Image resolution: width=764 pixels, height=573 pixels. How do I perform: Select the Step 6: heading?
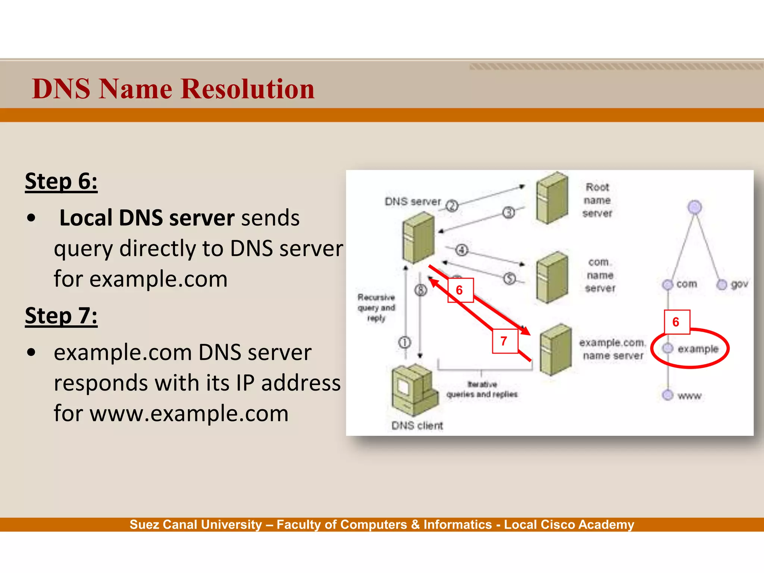tap(61, 182)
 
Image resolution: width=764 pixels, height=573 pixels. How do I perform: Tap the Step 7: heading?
tap(61, 316)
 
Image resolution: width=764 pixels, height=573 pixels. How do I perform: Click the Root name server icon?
tap(552, 198)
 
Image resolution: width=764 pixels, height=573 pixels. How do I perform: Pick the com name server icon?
tap(552, 277)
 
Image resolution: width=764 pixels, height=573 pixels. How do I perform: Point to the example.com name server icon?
tap(555, 350)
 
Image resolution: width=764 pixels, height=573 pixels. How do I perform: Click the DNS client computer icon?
tap(414, 390)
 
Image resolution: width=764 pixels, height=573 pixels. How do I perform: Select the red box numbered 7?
tap(504, 341)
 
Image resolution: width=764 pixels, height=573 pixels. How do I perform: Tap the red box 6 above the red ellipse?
tap(677, 322)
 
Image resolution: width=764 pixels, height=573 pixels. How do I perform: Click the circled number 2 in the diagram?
tap(452, 206)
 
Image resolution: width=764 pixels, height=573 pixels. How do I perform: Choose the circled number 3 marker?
tap(508, 213)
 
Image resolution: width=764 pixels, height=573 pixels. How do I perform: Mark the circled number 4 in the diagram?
tap(462, 250)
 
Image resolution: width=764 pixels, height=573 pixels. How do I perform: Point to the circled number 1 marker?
tap(405, 342)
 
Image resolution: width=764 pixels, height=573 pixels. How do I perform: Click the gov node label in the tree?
tap(739, 284)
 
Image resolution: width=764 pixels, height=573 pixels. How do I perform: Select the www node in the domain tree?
tap(668, 395)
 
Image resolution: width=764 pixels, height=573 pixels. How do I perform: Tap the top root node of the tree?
tap(695, 207)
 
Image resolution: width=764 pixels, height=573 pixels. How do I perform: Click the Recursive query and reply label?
tap(376, 308)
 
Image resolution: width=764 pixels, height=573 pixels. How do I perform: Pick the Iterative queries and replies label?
tap(482, 389)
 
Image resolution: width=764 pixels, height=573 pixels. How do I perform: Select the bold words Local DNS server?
tap(147, 218)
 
